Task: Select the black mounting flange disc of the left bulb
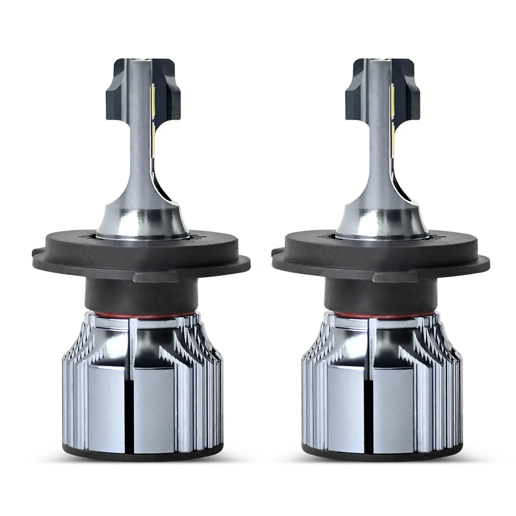[x=72, y=258]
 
